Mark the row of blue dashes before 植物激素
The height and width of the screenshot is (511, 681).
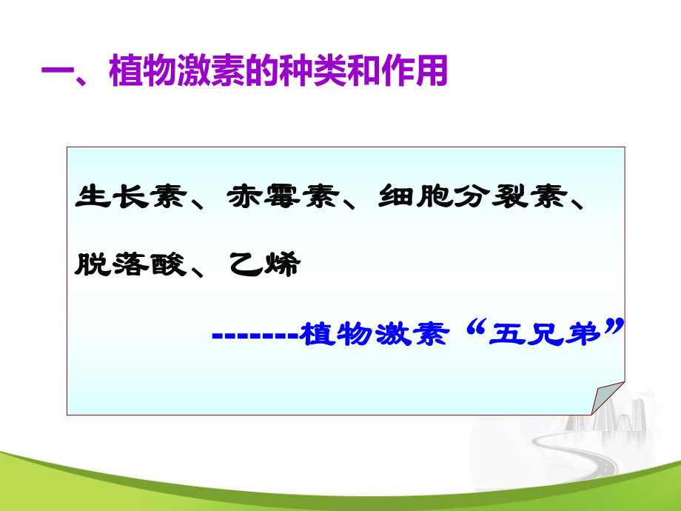[255, 335]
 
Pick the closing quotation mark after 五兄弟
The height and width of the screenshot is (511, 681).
[611, 327]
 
